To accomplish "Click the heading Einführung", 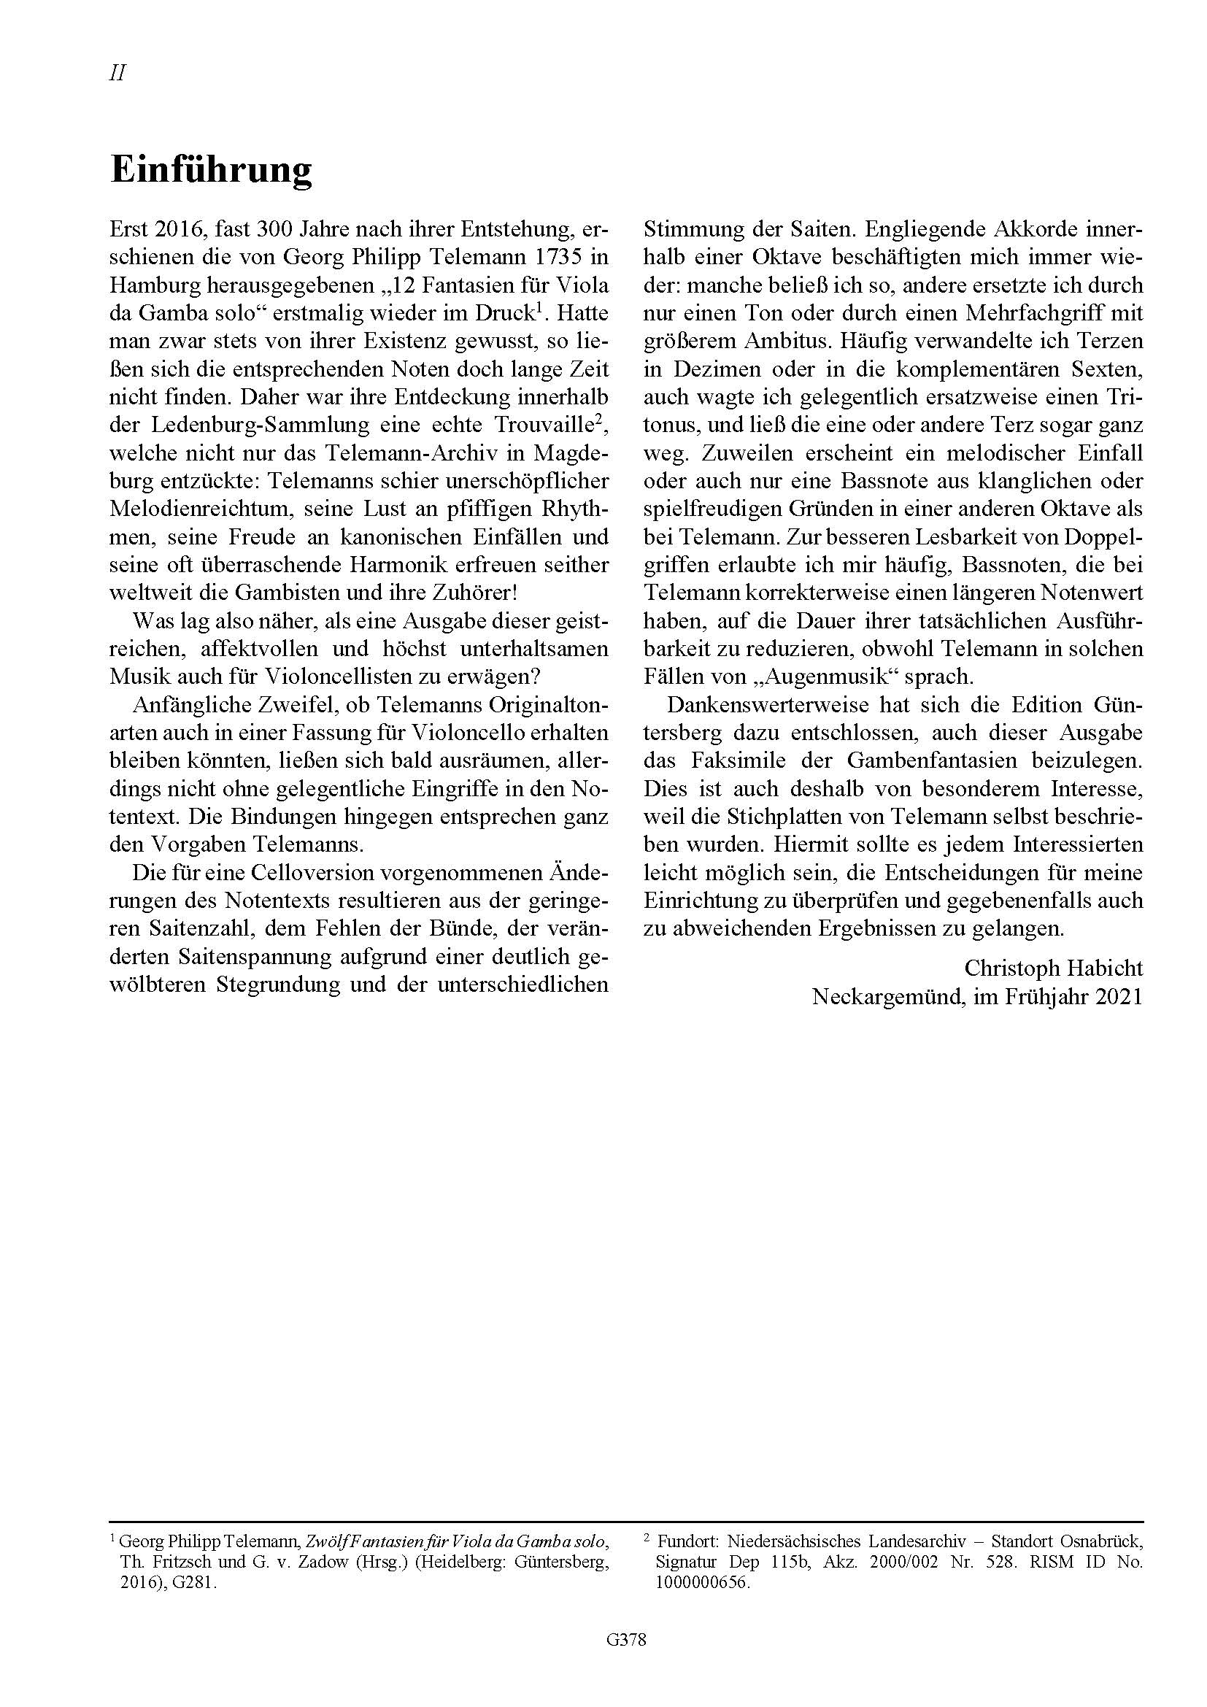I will pyautogui.click(x=211, y=170).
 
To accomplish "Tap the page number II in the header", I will pyautogui.click(x=117, y=73).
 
